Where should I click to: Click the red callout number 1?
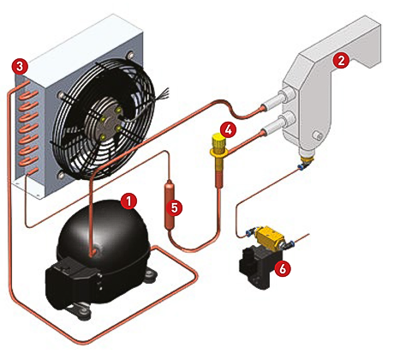point(128,201)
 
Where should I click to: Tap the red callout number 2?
point(341,61)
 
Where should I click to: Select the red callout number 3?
point(20,67)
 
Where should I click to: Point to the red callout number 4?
point(228,129)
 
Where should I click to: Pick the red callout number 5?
point(175,207)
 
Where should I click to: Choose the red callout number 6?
point(282,268)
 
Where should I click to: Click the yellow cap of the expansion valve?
point(218,141)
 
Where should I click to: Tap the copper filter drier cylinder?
point(170,204)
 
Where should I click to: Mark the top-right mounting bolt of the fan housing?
point(130,55)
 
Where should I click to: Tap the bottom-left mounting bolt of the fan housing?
point(60,175)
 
